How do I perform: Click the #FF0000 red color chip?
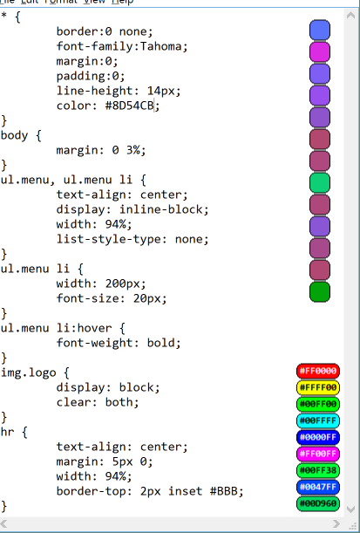coord(318,371)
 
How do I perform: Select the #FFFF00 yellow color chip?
coord(318,387)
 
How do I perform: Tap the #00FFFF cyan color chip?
coord(318,420)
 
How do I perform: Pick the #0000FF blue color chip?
coord(318,437)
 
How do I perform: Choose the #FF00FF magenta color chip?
coord(318,454)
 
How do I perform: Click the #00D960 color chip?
coord(318,503)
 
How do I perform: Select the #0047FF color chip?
coord(318,487)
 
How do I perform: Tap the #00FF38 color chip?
coord(318,470)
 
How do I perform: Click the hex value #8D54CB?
coord(129,106)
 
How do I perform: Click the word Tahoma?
coord(160,46)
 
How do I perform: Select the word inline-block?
coord(160,209)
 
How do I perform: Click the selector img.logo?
coord(28,372)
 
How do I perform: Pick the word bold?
coord(160,343)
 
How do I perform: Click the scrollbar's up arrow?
coord(350,15)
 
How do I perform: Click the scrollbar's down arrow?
coord(350,509)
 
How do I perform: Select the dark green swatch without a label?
coord(320,292)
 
